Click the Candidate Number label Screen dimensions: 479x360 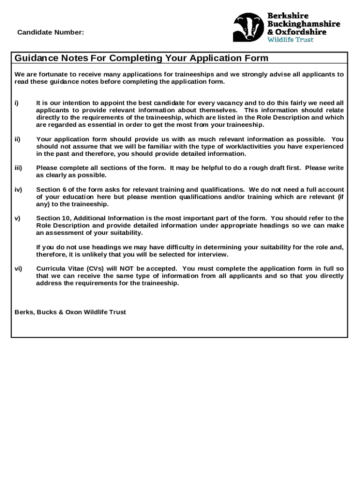point(50,32)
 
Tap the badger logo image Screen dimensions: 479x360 point(248,27)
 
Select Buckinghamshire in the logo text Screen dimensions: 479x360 point(303,24)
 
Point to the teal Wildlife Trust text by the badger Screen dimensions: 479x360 point(290,40)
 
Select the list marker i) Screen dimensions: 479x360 point(16,103)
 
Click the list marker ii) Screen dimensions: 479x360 point(17,139)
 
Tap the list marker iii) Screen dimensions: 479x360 point(18,168)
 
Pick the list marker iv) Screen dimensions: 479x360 point(18,189)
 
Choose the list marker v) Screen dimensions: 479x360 point(17,218)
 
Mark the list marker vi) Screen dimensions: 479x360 point(18,269)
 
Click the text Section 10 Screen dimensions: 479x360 point(53,218)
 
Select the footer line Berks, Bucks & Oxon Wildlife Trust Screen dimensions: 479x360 point(70,312)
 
